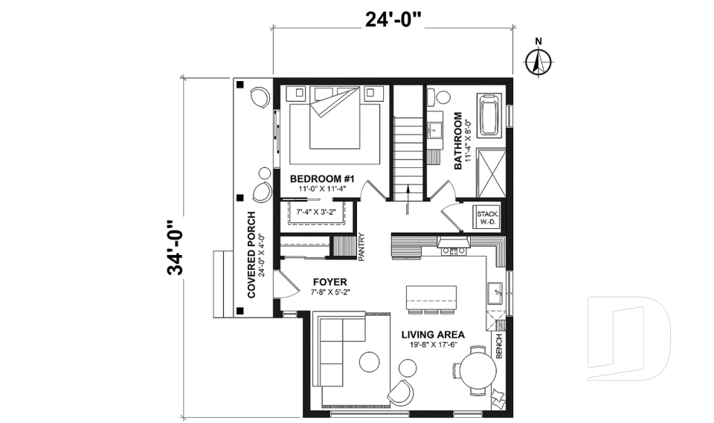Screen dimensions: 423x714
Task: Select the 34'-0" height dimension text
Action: pyautogui.click(x=176, y=248)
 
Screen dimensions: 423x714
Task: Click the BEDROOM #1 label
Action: pyautogui.click(x=324, y=178)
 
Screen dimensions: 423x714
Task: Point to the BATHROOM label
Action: pyautogui.click(x=458, y=141)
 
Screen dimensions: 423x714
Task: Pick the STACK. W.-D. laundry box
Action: pyautogui.click(x=488, y=216)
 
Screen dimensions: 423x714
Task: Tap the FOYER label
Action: pyautogui.click(x=329, y=282)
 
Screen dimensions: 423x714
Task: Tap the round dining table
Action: pyautogui.click(x=477, y=370)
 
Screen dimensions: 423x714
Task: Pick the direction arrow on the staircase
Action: pyautogui.click(x=408, y=201)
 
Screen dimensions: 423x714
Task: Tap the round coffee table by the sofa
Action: pyautogui.click(x=370, y=362)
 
